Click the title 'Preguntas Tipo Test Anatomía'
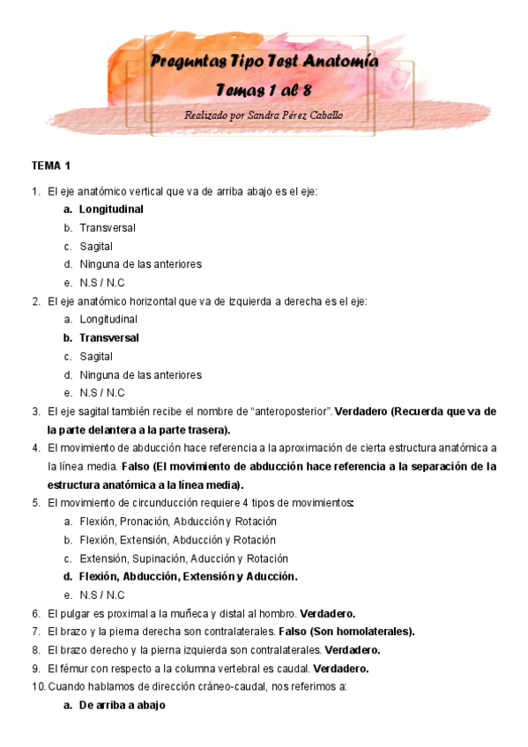coord(264,62)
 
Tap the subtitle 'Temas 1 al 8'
coord(263,90)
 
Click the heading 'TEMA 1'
coord(51,166)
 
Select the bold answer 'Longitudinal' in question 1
coord(111,210)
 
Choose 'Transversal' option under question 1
coord(108,228)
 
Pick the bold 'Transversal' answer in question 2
coord(109,337)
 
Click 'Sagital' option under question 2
coord(96,356)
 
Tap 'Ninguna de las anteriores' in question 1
coord(140,264)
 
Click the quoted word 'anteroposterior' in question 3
coord(290,411)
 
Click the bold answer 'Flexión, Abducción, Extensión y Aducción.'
coord(189,577)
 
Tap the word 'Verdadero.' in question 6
coord(328,613)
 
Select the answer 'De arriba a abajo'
coord(122,706)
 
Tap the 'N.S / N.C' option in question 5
coord(102,595)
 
